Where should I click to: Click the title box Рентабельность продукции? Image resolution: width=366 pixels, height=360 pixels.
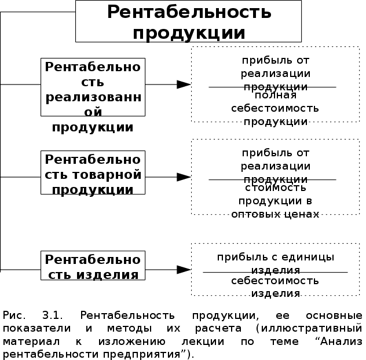coord(189,21)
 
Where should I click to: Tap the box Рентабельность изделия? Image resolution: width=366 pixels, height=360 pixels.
coord(93,266)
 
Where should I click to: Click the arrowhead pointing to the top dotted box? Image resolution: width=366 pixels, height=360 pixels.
coord(184,85)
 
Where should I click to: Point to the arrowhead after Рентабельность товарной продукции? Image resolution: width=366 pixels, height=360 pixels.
coord(184,177)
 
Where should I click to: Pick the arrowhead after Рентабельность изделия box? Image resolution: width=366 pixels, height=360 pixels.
coord(184,269)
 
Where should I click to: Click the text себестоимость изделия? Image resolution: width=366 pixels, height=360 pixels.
coord(275,286)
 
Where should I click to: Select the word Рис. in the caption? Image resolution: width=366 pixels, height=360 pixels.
coord(14,315)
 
